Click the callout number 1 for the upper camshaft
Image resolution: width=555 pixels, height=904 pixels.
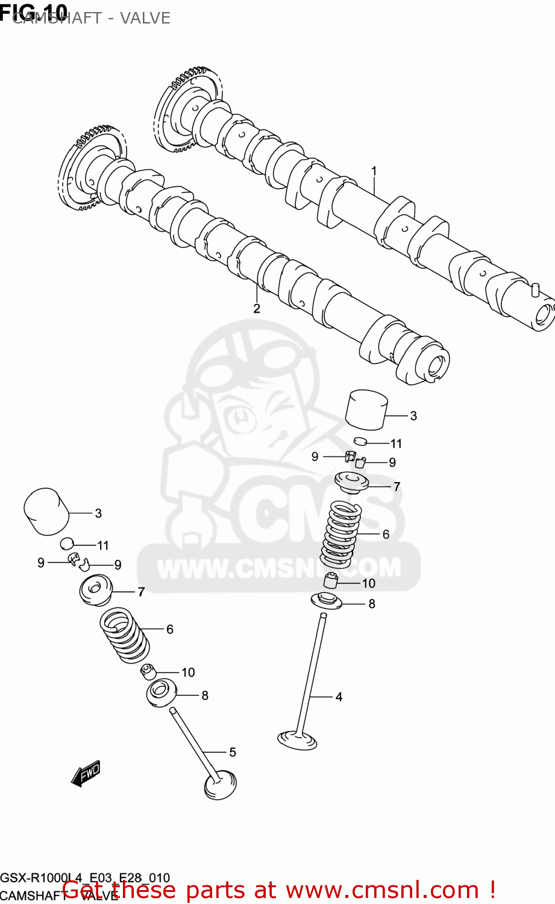click(374, 171)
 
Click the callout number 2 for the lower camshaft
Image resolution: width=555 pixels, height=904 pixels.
click(257, 309)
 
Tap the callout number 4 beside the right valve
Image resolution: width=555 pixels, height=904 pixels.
click(339, 697)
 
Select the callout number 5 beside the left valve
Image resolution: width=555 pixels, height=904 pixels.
click(233, 752)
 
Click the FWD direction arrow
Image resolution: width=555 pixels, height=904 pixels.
click(86, 773)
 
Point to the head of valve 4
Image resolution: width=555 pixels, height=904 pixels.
click(297, 739)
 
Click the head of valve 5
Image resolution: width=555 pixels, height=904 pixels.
click(221, 785)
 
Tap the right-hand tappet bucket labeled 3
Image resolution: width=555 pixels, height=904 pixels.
click(366, 409)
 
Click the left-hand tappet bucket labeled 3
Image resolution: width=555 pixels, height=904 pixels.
click(46, 511)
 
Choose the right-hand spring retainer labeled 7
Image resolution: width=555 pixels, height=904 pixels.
click(351, 483)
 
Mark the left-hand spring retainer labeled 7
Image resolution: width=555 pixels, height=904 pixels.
click(96, 590)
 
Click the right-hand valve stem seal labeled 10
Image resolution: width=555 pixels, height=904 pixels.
click(330, 582)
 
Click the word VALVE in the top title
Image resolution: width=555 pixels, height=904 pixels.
click(145, 18)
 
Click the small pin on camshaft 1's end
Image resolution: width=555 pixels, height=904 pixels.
click(534, 289)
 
